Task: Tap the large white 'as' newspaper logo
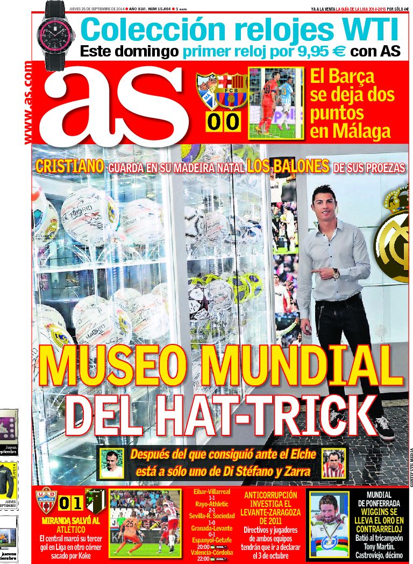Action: [116, 105]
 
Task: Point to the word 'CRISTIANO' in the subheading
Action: [70, 166]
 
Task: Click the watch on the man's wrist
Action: [336, 273]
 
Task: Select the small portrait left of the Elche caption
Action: [112, 462]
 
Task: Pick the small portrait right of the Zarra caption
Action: [333, 463]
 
